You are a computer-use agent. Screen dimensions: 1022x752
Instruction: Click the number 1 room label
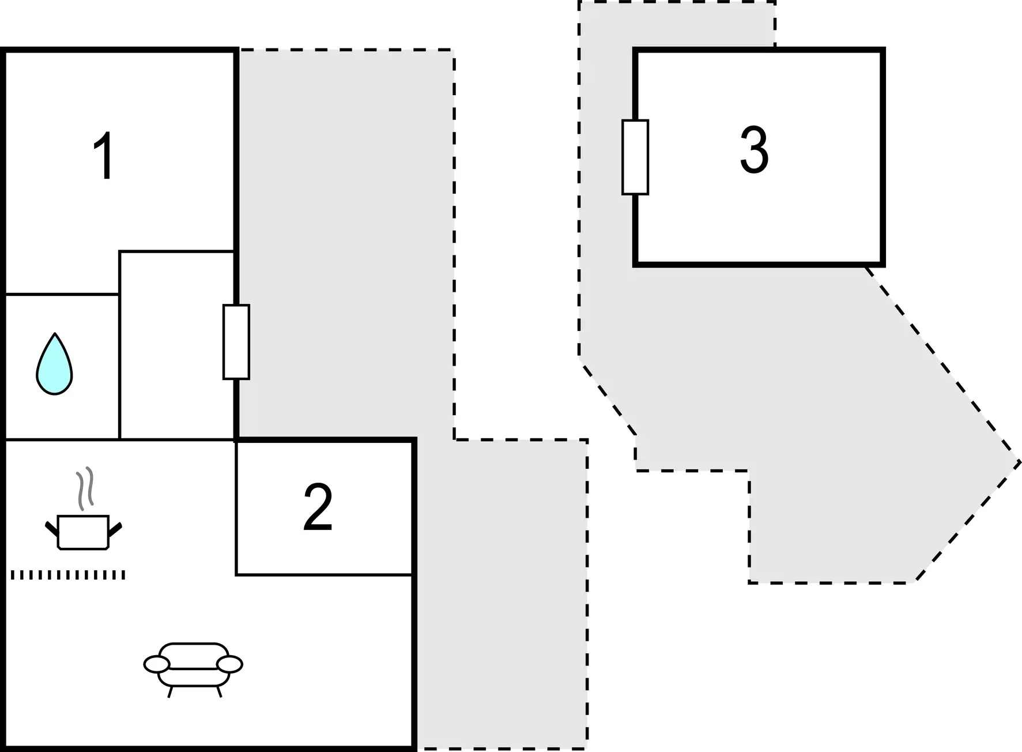point(104,156)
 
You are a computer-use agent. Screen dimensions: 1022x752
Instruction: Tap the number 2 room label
point(318,507)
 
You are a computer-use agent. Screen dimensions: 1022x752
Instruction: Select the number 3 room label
point(754,150)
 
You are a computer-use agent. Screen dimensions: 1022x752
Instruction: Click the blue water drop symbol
point(54,364)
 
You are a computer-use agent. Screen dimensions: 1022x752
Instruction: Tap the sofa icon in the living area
point(193,670)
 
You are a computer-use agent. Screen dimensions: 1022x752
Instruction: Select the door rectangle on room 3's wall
point(635,157)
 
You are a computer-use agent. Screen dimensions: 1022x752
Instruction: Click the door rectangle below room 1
point(236,342)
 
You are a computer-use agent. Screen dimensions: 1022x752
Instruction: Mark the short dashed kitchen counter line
point(68,575)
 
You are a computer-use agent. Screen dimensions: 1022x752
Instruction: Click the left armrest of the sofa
point(156,664)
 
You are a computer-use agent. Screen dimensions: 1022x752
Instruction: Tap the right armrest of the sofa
point(230,664)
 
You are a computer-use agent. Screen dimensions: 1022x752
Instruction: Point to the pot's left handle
point(52,528)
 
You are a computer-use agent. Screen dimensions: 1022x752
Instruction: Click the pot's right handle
point(115,528)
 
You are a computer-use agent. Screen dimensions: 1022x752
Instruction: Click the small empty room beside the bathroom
point(176,345)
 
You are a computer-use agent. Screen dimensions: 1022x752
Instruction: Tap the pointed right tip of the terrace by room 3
point(1020,461)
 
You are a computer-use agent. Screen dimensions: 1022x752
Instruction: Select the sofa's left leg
point(170,692)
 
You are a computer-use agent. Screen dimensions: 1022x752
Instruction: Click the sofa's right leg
point(218,692)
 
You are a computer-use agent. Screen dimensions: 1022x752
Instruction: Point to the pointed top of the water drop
point(55,333)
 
